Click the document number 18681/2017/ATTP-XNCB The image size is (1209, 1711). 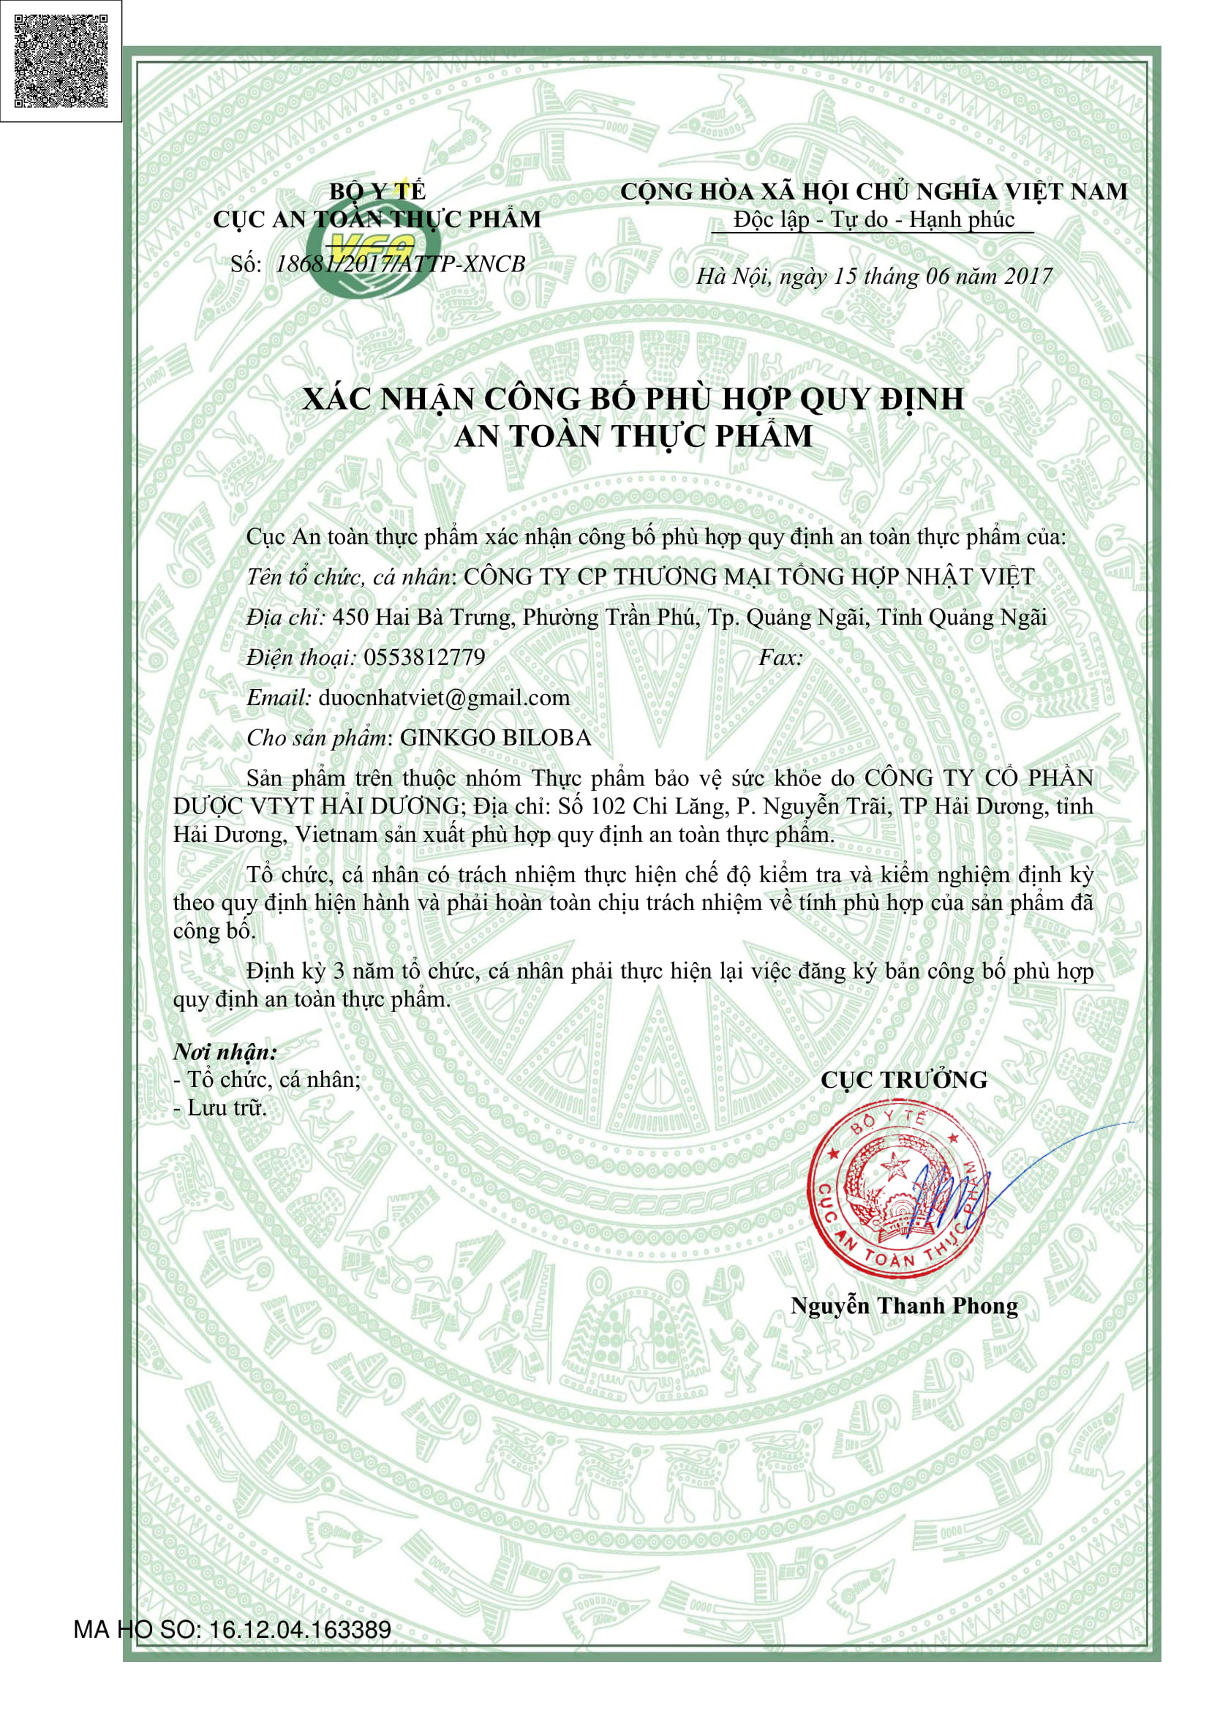pos(400,264)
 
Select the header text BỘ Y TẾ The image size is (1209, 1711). pos(377,192)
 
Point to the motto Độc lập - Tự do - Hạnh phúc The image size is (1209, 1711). pos(873,220)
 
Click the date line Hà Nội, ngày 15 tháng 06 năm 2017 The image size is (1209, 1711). pos(873,277)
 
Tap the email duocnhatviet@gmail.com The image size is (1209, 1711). pos(444,698)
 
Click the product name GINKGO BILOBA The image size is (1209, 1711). pos(495,738)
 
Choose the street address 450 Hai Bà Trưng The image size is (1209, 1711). pos(421,617)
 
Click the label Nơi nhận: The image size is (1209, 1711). pos(225,1052)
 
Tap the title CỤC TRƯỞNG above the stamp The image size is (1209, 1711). pos(903,1080)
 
